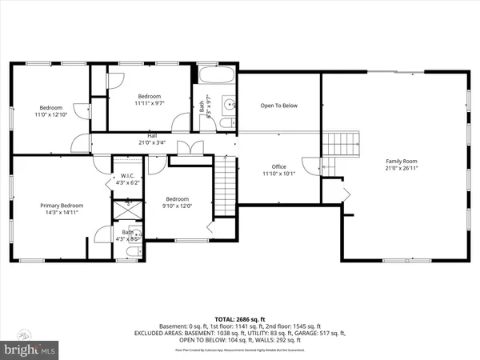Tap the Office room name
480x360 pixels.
coord(278,166)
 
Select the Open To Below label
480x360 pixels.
coord(279,106)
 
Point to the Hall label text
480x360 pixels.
coord(152,136)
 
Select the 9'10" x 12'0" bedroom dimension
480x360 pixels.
coord(178,206)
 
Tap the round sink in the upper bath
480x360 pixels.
coord(229,103)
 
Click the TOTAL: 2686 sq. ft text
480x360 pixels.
coord(240,318)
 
